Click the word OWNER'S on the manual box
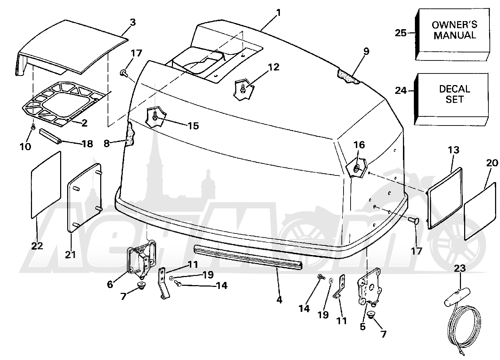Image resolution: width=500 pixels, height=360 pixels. tap(454, 25)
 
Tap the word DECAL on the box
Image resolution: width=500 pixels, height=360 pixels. tap(454, 89)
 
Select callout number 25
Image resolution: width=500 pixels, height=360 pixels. tap(401, 33)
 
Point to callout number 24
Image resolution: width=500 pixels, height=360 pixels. tap(401, 91)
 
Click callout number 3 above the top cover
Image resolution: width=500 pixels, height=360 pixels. tap(133, 22)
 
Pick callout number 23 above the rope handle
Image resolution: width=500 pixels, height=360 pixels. tap(460, 268)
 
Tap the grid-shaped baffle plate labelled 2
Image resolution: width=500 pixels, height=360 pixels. tap(64, 104)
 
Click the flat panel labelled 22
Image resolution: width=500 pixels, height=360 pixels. tap(46, 185)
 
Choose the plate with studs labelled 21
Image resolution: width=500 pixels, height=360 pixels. tap(85, 198)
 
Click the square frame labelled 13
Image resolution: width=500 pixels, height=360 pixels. tap(445, 198)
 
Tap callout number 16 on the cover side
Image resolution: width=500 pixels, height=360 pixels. tap(359, 145)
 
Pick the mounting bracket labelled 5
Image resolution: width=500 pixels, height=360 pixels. tap(370, 287)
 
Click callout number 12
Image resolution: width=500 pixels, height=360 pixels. tap(274, 67)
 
